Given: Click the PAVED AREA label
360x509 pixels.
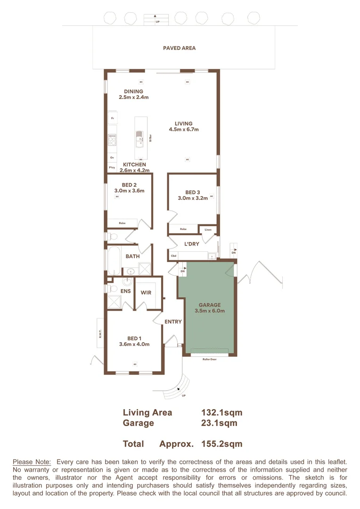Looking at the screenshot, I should [179, 48].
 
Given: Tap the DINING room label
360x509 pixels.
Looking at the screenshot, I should [133, 91].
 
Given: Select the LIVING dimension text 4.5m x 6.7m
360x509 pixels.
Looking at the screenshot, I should [184, 130].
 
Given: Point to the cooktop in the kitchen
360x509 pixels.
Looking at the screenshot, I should [112, 139].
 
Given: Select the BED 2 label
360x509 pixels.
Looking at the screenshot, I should [129, 185].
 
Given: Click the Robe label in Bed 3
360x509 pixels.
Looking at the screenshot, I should [183, 229].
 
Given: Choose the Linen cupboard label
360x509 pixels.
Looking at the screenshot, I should [208, 230].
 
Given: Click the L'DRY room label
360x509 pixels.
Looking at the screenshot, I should [191, 244].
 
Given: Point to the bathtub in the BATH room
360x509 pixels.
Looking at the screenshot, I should [114, 262].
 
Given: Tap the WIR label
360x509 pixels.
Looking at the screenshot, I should [146, 293].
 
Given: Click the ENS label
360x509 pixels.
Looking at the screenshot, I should [125, 292].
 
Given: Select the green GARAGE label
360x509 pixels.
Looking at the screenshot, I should [209, 305].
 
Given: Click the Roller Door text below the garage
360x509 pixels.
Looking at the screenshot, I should [210, 359].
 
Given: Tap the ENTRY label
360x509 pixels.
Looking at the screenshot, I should [173, 322].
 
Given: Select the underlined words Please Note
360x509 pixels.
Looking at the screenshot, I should [32, 462].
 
